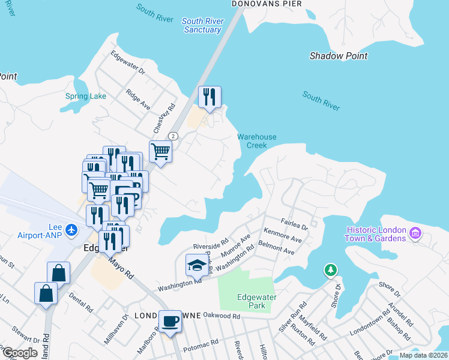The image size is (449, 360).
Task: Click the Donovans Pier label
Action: (x=267, y=4)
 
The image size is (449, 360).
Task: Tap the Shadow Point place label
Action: (x=339, y=56)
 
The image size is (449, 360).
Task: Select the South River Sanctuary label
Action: (x=203, y=25)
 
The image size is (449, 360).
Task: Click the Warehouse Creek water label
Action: (x=256, y=141)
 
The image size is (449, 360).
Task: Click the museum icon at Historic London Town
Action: (x=415, y=232)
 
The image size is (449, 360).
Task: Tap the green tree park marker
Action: (x=330, y=271)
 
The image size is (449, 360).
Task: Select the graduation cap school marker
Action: (x=196, y=264)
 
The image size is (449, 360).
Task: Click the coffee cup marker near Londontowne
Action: (x=170, y=320)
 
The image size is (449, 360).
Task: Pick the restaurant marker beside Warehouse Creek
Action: (x=209, y=97)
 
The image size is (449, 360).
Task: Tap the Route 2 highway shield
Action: (x=173, y=136)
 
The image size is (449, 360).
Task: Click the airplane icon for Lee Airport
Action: (x=72, y=230)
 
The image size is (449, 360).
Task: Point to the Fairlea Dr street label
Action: (x=294, y=224)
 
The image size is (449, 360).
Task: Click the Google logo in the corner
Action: (x=20, y=353)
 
